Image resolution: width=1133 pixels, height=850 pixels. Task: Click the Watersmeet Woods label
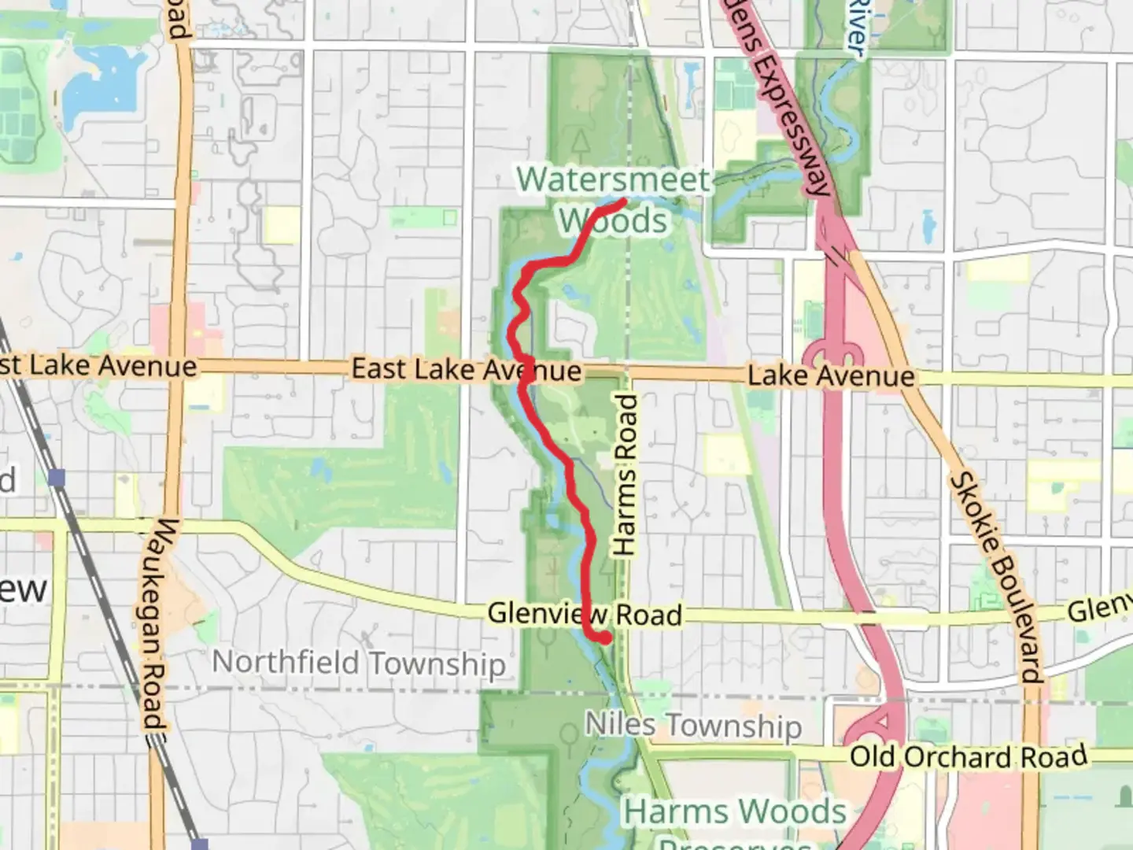614,199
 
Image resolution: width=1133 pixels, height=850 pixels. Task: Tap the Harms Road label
625,475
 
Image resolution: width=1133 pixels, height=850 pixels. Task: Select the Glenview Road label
585,614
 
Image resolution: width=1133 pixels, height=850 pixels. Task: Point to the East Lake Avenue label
466,369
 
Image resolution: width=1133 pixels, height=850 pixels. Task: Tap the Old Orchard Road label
969,757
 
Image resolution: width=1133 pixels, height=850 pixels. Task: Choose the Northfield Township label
359,663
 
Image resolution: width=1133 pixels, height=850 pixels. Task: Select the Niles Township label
693,725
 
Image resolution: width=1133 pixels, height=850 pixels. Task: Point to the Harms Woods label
735,811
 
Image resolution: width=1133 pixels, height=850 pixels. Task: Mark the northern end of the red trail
622,202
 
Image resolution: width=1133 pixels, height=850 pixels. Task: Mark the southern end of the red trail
605,640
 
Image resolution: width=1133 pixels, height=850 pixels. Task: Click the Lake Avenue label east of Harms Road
831,376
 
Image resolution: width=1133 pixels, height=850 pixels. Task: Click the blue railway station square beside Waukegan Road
56,477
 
